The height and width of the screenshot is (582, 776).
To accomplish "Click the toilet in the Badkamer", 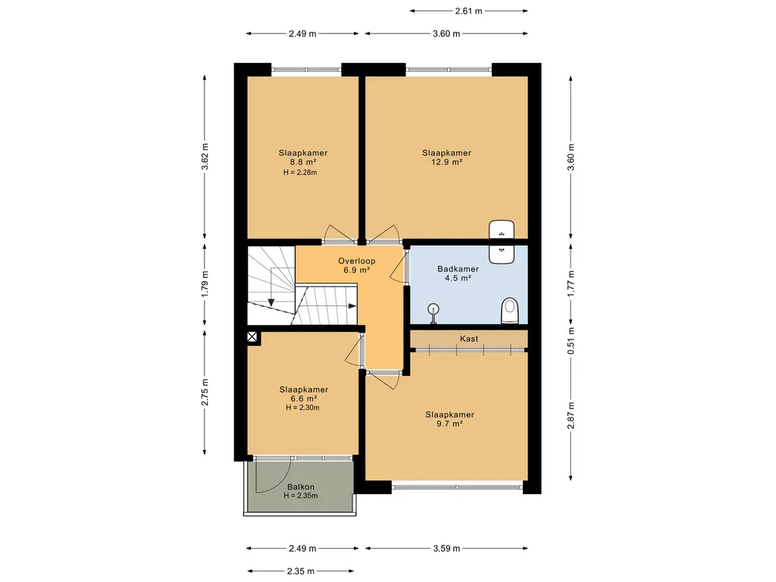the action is [x=510, y=311].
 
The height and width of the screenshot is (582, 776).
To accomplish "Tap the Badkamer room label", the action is [x=458, y=269].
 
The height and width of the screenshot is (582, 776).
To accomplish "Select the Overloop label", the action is [x=356, y=261].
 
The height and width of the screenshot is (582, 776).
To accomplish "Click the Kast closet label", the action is [x=468, y=339].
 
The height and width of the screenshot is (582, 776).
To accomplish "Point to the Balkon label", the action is [x=301, y=487].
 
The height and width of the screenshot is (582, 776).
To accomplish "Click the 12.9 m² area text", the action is [x=446, y=162].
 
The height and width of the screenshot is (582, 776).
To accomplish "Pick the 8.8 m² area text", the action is [x=303, y=162].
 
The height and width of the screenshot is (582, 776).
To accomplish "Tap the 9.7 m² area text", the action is [x=449, y=424].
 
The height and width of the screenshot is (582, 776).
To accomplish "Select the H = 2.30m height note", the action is [x=302, y=408].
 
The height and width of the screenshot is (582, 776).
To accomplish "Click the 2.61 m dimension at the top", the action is [x=468, y=11].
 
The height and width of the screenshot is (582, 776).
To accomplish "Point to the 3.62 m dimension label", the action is [x=205, y=157].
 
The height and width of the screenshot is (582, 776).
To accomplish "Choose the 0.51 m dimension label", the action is [x=571, y=341].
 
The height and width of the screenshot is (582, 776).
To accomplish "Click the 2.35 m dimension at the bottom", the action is [x=300, y=571].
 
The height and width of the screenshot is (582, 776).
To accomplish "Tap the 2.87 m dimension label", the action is [x=571, y=416].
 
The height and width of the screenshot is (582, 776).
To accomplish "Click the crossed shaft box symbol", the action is [x=252, y=337].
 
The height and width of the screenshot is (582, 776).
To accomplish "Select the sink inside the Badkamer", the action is [x=502, y=254].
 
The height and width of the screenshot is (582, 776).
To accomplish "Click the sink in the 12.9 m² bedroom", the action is [x=502, y=230].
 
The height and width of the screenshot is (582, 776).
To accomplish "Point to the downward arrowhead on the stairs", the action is [x=271, y=303].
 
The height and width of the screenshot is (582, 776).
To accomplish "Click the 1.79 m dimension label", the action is [x=205, y=283].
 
